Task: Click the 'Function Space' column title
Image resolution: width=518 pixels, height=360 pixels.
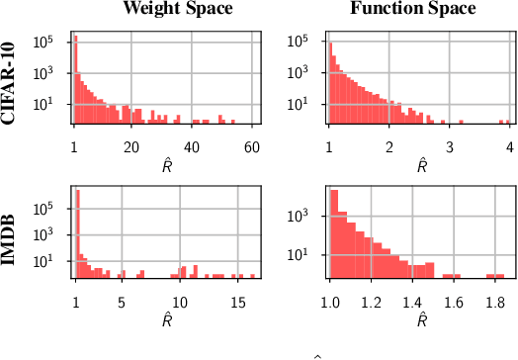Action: coord(413,9)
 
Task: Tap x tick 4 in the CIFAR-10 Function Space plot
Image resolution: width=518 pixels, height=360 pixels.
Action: coord(508,145)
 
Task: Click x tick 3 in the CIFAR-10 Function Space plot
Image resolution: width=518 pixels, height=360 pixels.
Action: coord(449,145)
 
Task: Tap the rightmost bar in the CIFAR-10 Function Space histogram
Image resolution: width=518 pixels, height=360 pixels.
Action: coord(505,122)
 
